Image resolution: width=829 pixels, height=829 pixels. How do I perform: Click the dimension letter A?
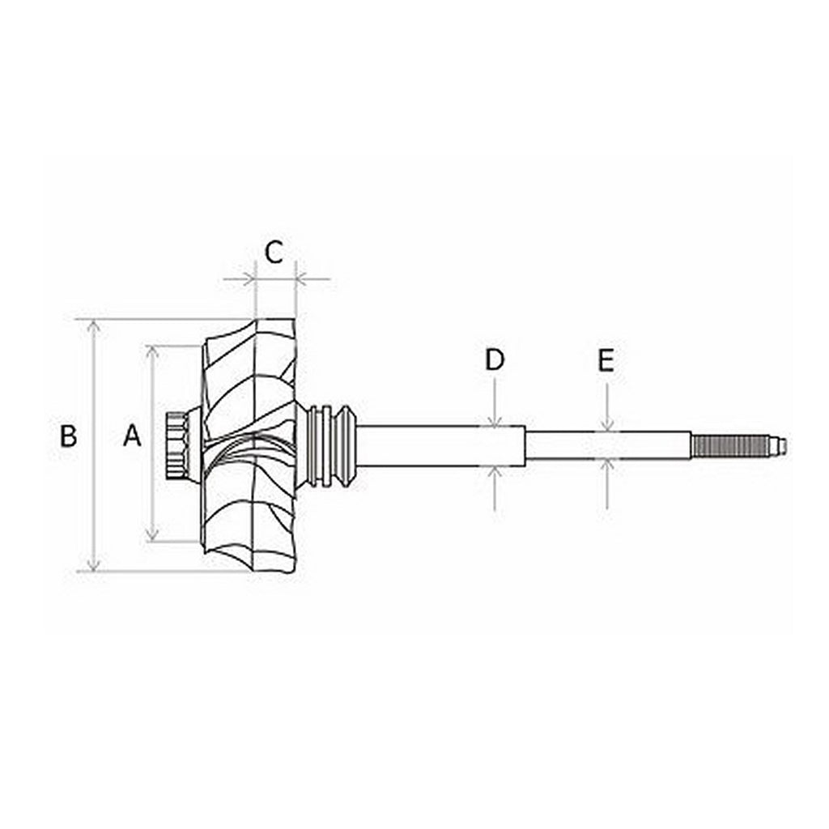[x=132, y=436]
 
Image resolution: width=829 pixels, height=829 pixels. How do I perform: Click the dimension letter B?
[x=68, y=436]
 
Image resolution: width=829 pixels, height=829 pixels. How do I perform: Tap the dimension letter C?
[x=274, y=253]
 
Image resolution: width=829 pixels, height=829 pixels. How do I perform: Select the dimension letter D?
[x=495, y=359]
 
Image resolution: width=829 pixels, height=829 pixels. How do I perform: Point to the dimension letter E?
[x=606, y=361]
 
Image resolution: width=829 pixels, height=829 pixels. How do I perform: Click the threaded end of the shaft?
[x=730, y=445]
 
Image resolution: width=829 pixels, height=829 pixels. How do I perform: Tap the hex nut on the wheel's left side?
[x=176, y=445]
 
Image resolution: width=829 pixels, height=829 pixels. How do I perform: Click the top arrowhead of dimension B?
[x=94, y=326]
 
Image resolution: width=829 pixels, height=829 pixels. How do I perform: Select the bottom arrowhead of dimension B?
[x=94, y=564]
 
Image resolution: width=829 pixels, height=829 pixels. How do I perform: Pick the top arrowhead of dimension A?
[x=152, y=352]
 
